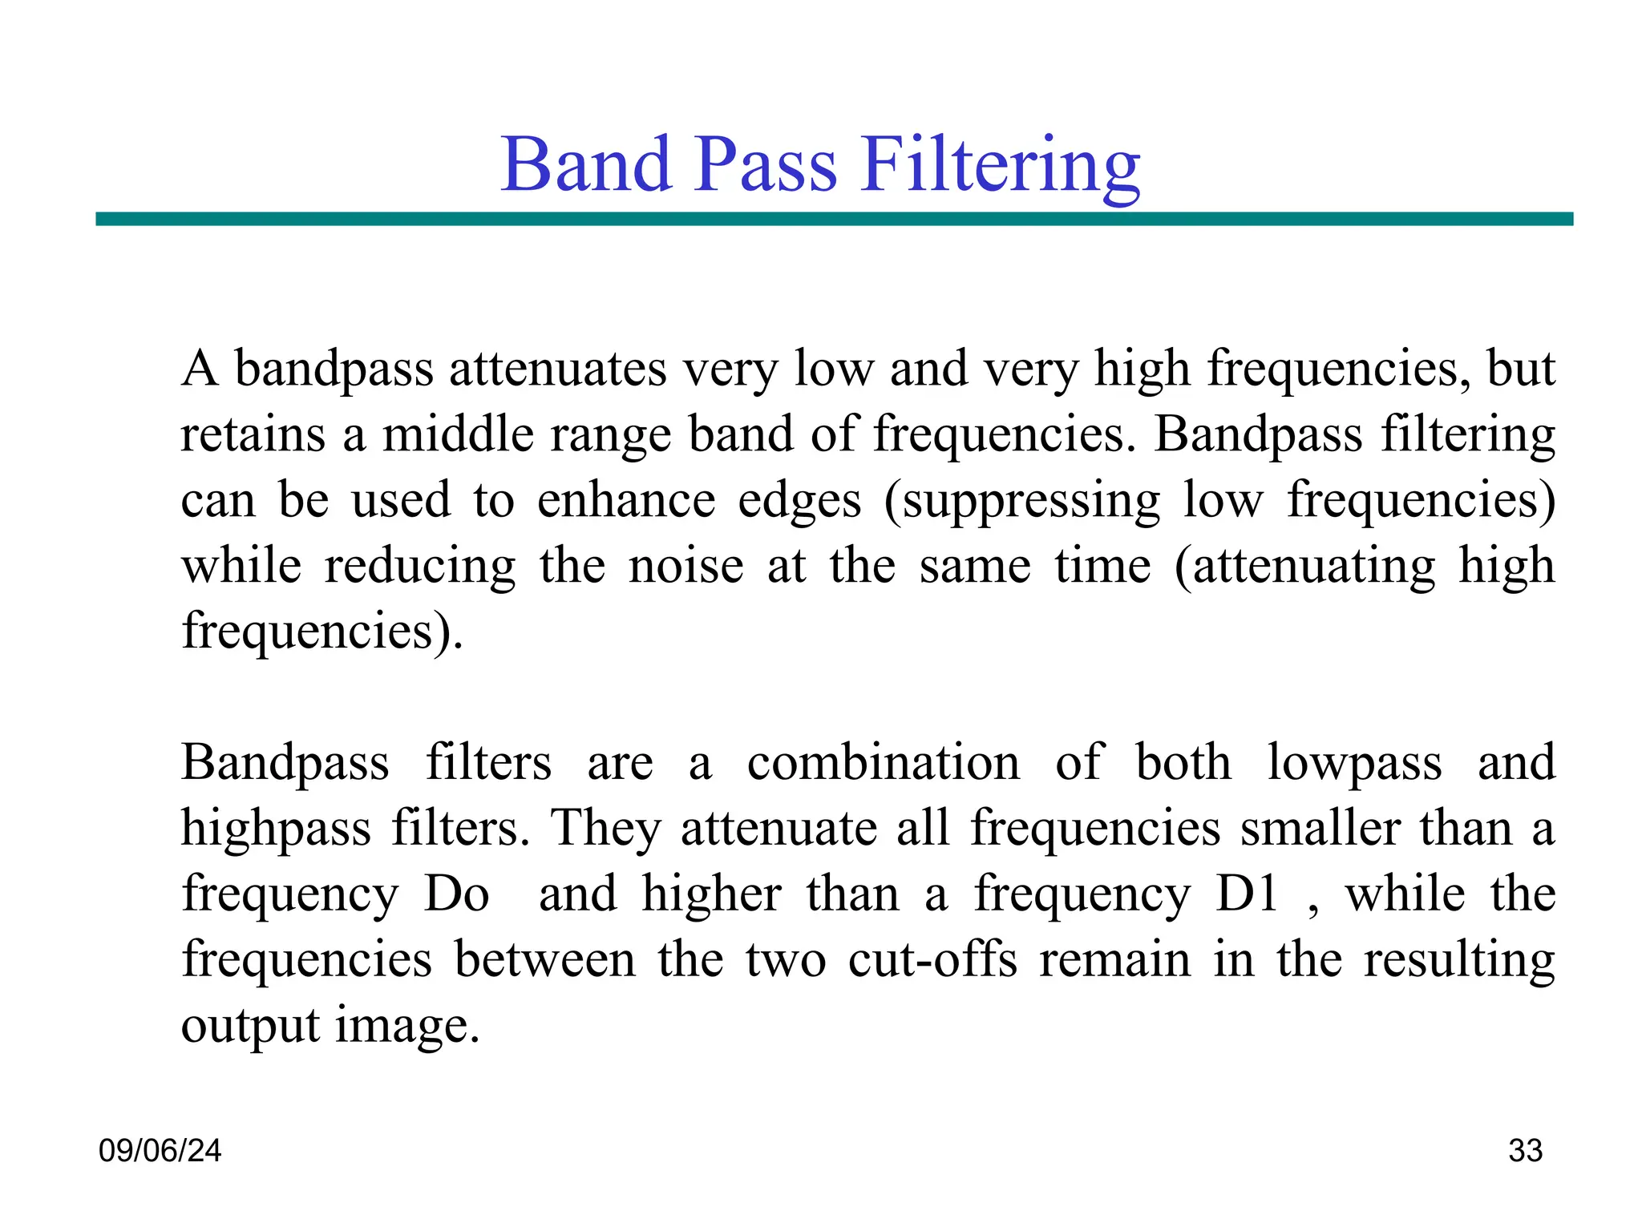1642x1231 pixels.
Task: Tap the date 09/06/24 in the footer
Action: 160,1151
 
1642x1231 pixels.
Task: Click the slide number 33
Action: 1525,1151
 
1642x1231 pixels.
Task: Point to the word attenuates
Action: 557,369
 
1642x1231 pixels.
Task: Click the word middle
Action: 458,434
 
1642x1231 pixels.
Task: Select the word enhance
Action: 625,500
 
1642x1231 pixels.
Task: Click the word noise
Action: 686,566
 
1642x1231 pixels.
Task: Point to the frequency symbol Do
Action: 456,894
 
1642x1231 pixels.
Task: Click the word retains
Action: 253,434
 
